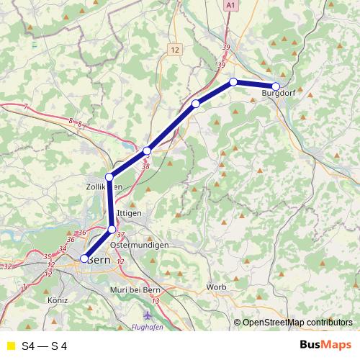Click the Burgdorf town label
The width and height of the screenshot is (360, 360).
point(279,93)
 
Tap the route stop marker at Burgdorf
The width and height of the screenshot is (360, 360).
point(276,86)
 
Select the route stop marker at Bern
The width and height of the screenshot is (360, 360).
point(84,258)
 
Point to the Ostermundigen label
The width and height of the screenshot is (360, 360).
point(140,246)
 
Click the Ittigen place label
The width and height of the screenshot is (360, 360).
point(129,214)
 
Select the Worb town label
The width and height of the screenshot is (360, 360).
point(216,287)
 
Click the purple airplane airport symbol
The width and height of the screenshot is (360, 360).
point(148,315)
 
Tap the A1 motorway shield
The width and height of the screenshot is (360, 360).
point(230,5)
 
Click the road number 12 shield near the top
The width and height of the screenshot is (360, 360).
point(176,50)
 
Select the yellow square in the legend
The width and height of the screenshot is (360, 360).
point(9,346)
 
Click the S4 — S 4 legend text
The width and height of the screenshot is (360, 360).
point(44,346)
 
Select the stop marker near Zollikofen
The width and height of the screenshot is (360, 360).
point(109,177)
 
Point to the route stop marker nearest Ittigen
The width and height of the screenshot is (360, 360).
point(112,229)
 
